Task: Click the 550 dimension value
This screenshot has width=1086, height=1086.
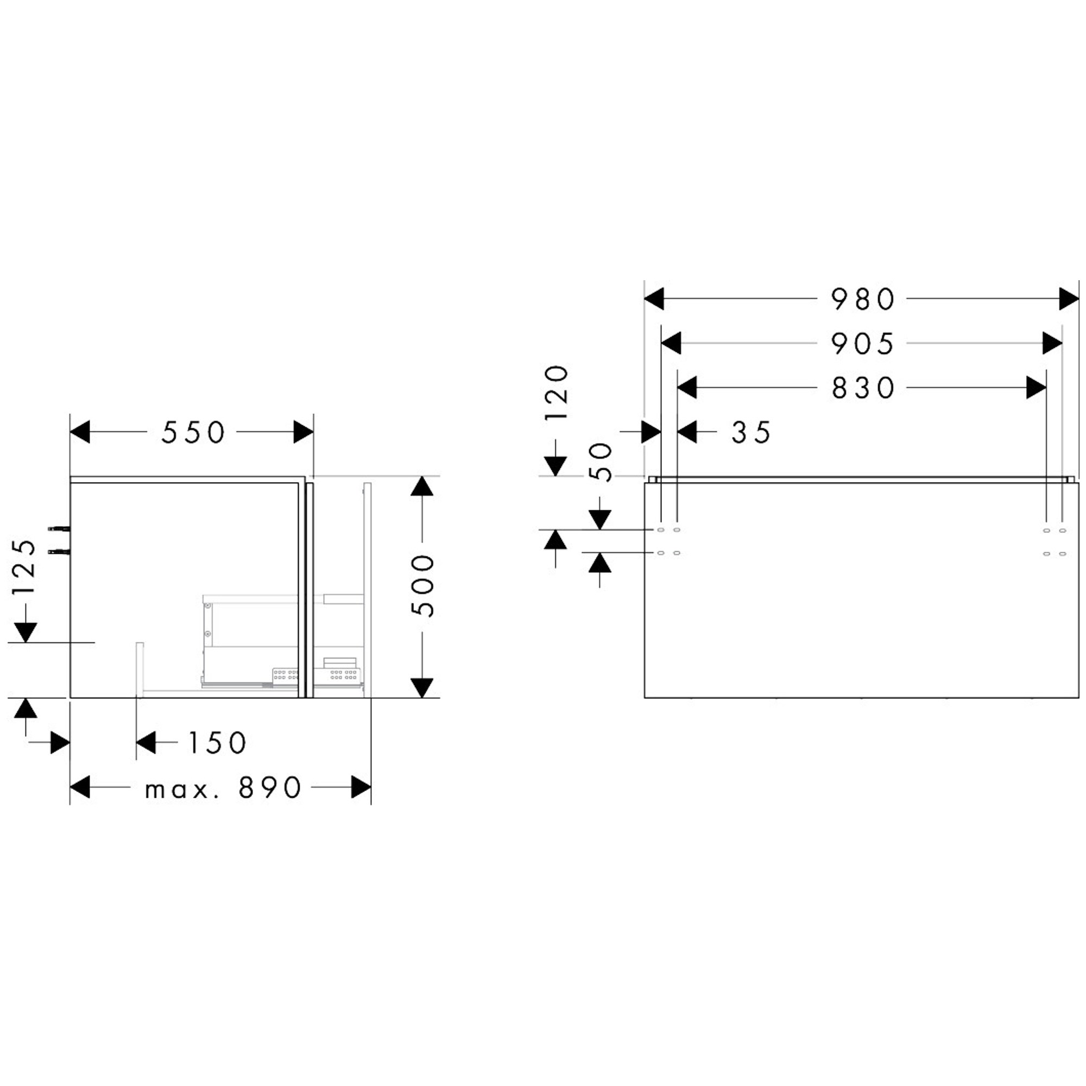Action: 193,432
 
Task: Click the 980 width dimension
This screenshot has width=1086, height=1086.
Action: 862,299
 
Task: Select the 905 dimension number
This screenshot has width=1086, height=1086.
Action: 862,344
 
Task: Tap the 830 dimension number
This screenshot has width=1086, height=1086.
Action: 863,388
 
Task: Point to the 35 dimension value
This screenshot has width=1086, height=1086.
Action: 751,432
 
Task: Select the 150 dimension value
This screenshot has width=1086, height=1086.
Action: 217,742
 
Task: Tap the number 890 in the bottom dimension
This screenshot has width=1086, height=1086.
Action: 270,787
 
